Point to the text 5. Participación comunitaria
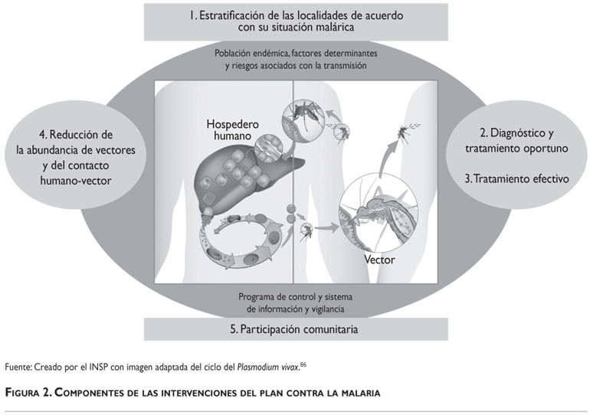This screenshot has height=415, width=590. tap(294, 329)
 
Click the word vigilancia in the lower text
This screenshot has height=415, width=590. tap(328, 309)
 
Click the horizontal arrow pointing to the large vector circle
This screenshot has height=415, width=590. tap(326, 227)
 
